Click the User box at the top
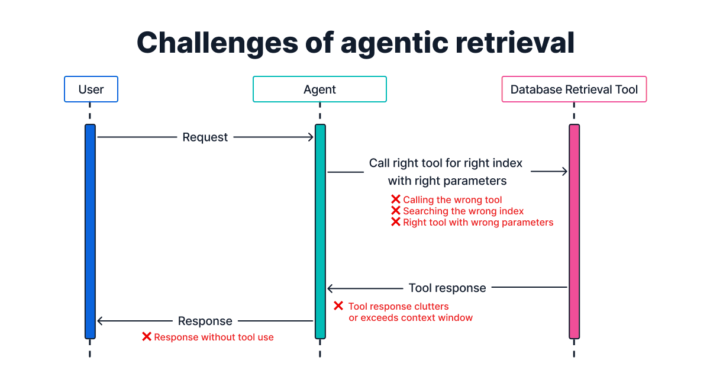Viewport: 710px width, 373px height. tap(91, 89)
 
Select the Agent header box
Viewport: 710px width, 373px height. tap(319, 89)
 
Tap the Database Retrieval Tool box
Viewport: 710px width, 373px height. tap(574, 89)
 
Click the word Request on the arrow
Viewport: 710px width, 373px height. tap(205, 137)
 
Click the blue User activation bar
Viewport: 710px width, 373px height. tap(90, 231)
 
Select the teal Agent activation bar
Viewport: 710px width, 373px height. tap(320, 231)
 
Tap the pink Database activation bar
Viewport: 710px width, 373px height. tap(574, 231)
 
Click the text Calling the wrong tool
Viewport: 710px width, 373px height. tap(452, 200)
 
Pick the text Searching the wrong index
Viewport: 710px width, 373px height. tap(463, 211)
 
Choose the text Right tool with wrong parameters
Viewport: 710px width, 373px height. tap(478, 223)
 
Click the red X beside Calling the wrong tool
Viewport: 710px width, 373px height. tap(396, 200)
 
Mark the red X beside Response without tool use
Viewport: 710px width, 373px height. tap(147, 337)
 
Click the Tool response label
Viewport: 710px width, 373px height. tap(447, 288)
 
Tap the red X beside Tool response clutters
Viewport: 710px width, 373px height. tap(338, 306)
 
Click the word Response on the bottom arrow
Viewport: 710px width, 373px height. tap(205, 321)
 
